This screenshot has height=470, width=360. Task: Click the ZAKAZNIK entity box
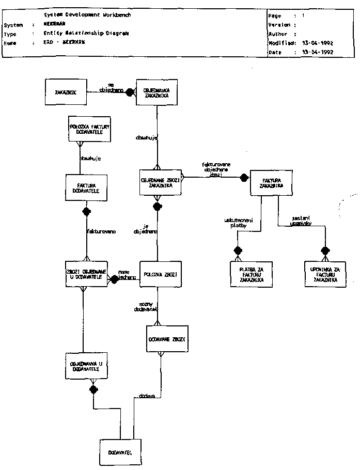pyautogui.click(x=66, y=92)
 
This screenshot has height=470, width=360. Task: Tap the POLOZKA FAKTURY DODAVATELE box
pyautogui.click(x=91, y=129)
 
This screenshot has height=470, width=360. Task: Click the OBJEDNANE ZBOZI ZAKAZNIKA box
pyautogui.click(x=161, y=182)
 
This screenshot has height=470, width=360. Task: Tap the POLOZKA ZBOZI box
pyautogui.click(x=161, y=274)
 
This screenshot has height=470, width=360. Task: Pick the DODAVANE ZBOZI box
pyautogui.click(x=166, y=339)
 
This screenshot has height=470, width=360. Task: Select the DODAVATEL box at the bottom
pyautogui.click(x=120, y=452)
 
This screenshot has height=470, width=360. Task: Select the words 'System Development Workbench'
pyautogui.click(x=88, y=15)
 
